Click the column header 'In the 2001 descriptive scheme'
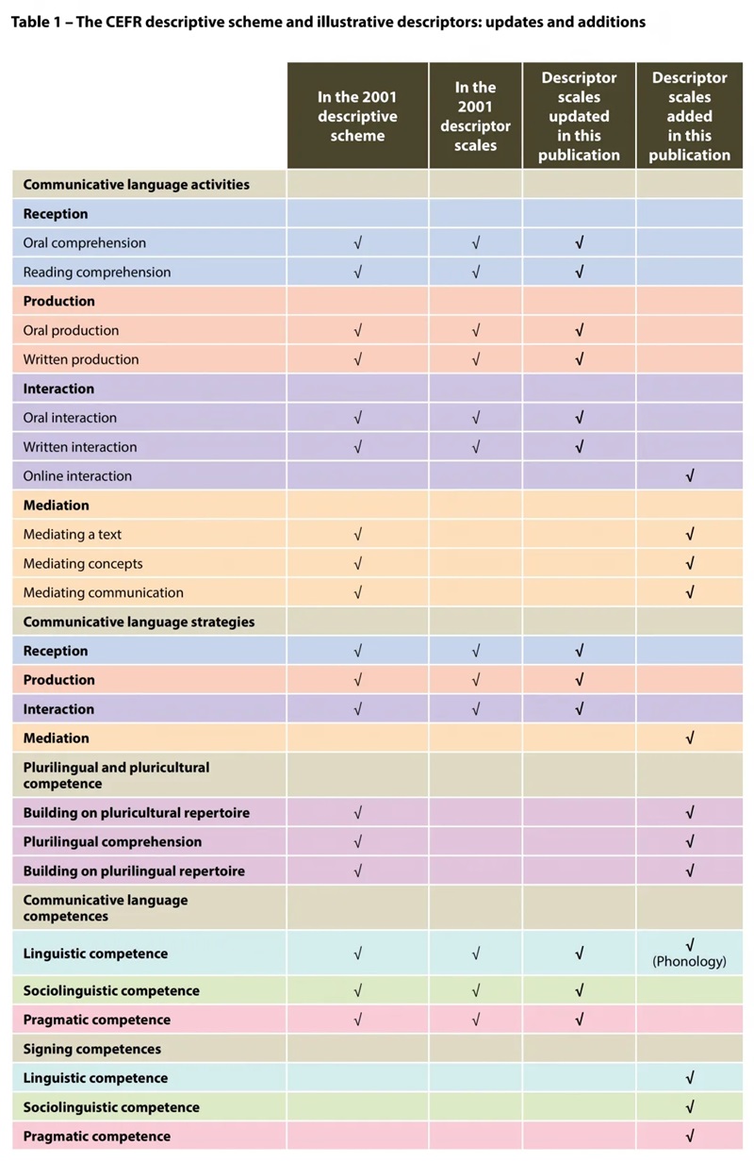coord(357,116)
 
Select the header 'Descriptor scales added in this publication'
coord(689,116)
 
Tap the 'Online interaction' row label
coord(77,476)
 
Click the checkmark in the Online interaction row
coord(690,476)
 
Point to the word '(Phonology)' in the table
coord(690,962)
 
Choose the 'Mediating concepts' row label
coord(83,564)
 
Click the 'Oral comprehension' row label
coord(85,243)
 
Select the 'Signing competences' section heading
coord(91,1049)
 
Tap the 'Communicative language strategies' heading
coord(139,622)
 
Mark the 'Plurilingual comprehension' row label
coord(112,841)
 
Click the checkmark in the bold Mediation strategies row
coord(690,738)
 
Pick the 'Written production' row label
coord(81,359)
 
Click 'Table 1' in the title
coord(33,22)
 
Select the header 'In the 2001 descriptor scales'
coord(475,116)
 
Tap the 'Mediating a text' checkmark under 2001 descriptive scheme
coord(357,535)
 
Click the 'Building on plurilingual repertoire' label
coord(134,871)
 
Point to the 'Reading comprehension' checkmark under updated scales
coord(579,273)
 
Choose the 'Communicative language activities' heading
coord(136,185)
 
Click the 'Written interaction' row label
coord(80,447)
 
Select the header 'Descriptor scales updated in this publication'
coord(579,116)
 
